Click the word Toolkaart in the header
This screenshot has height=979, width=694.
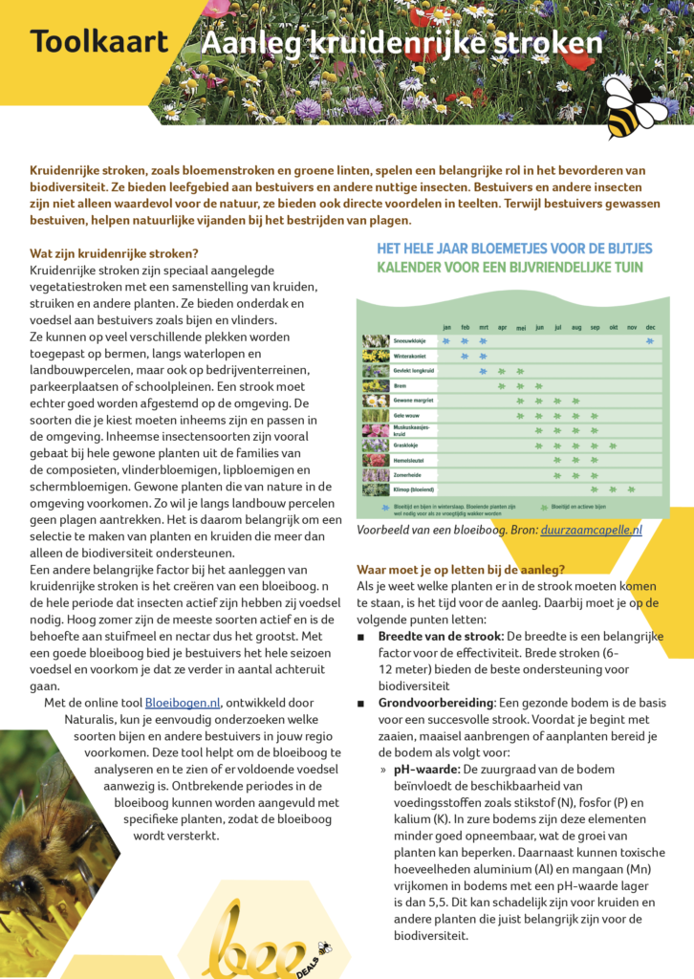click(98, 42)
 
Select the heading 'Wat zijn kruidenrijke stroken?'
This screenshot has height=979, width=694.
click(114, 253)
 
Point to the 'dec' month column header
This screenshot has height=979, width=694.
click(650, 327)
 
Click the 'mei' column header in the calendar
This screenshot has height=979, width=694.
click(521, 327)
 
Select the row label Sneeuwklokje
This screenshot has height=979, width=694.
click(411, 340)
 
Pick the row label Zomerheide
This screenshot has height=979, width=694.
click(409, 474)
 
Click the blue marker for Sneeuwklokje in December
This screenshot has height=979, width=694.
click(650, 340)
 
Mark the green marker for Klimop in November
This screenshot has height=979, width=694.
click(632, 489)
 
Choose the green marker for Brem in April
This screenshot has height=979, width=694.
click(502, 385)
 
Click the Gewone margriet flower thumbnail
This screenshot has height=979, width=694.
click(376, 401)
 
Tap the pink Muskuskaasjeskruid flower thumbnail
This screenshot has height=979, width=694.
click(376, 430)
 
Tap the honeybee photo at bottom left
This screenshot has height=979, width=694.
click(43, 841)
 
